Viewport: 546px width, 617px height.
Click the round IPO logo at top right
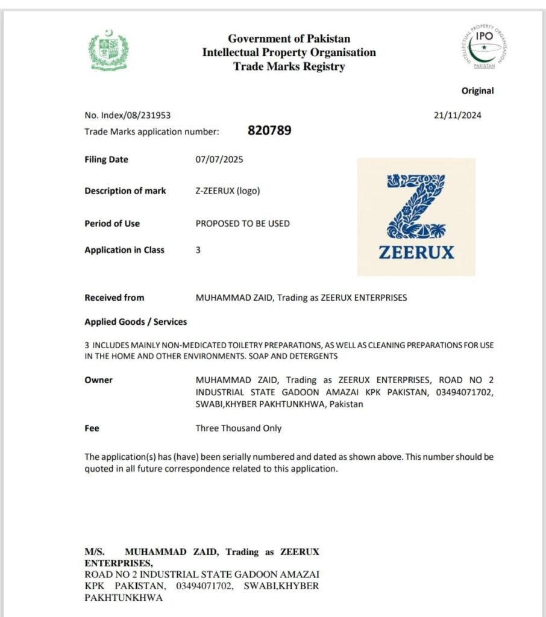484,48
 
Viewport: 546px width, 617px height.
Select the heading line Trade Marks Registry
289,66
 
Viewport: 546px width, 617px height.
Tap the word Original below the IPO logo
477,91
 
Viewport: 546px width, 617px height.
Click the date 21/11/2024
457,116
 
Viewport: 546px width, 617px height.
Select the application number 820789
269,130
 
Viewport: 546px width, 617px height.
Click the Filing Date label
106,160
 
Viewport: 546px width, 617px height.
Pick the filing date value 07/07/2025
219,160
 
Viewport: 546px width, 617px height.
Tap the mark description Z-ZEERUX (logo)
228,191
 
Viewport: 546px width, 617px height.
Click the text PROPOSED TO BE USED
242,224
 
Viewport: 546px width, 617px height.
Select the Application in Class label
124,250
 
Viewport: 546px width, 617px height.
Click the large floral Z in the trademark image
416,206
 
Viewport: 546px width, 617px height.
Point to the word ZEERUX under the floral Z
416,252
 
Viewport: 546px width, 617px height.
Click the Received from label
114,298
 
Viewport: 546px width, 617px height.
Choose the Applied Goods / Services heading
136,322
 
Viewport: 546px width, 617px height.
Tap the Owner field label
98,380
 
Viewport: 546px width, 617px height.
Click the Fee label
92,428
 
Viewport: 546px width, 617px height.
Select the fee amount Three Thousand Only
238,428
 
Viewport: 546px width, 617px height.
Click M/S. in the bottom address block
95,552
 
